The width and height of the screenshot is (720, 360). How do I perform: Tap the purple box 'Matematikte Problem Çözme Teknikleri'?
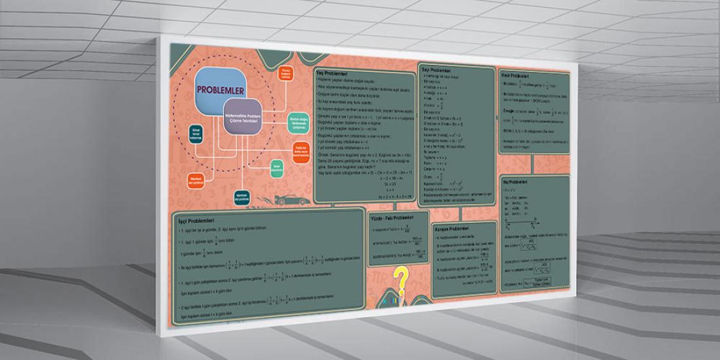point(243,118)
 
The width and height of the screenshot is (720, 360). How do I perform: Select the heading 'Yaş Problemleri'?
point(332,73)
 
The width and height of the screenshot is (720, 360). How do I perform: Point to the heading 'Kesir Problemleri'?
point(515,76)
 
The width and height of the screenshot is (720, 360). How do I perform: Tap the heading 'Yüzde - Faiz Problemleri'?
point(393,217)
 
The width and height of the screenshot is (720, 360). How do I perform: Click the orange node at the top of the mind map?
point(285,74)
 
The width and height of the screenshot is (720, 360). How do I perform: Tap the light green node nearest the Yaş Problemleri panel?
point(297,122)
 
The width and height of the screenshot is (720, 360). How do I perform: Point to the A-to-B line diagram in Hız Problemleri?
point(537,222)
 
